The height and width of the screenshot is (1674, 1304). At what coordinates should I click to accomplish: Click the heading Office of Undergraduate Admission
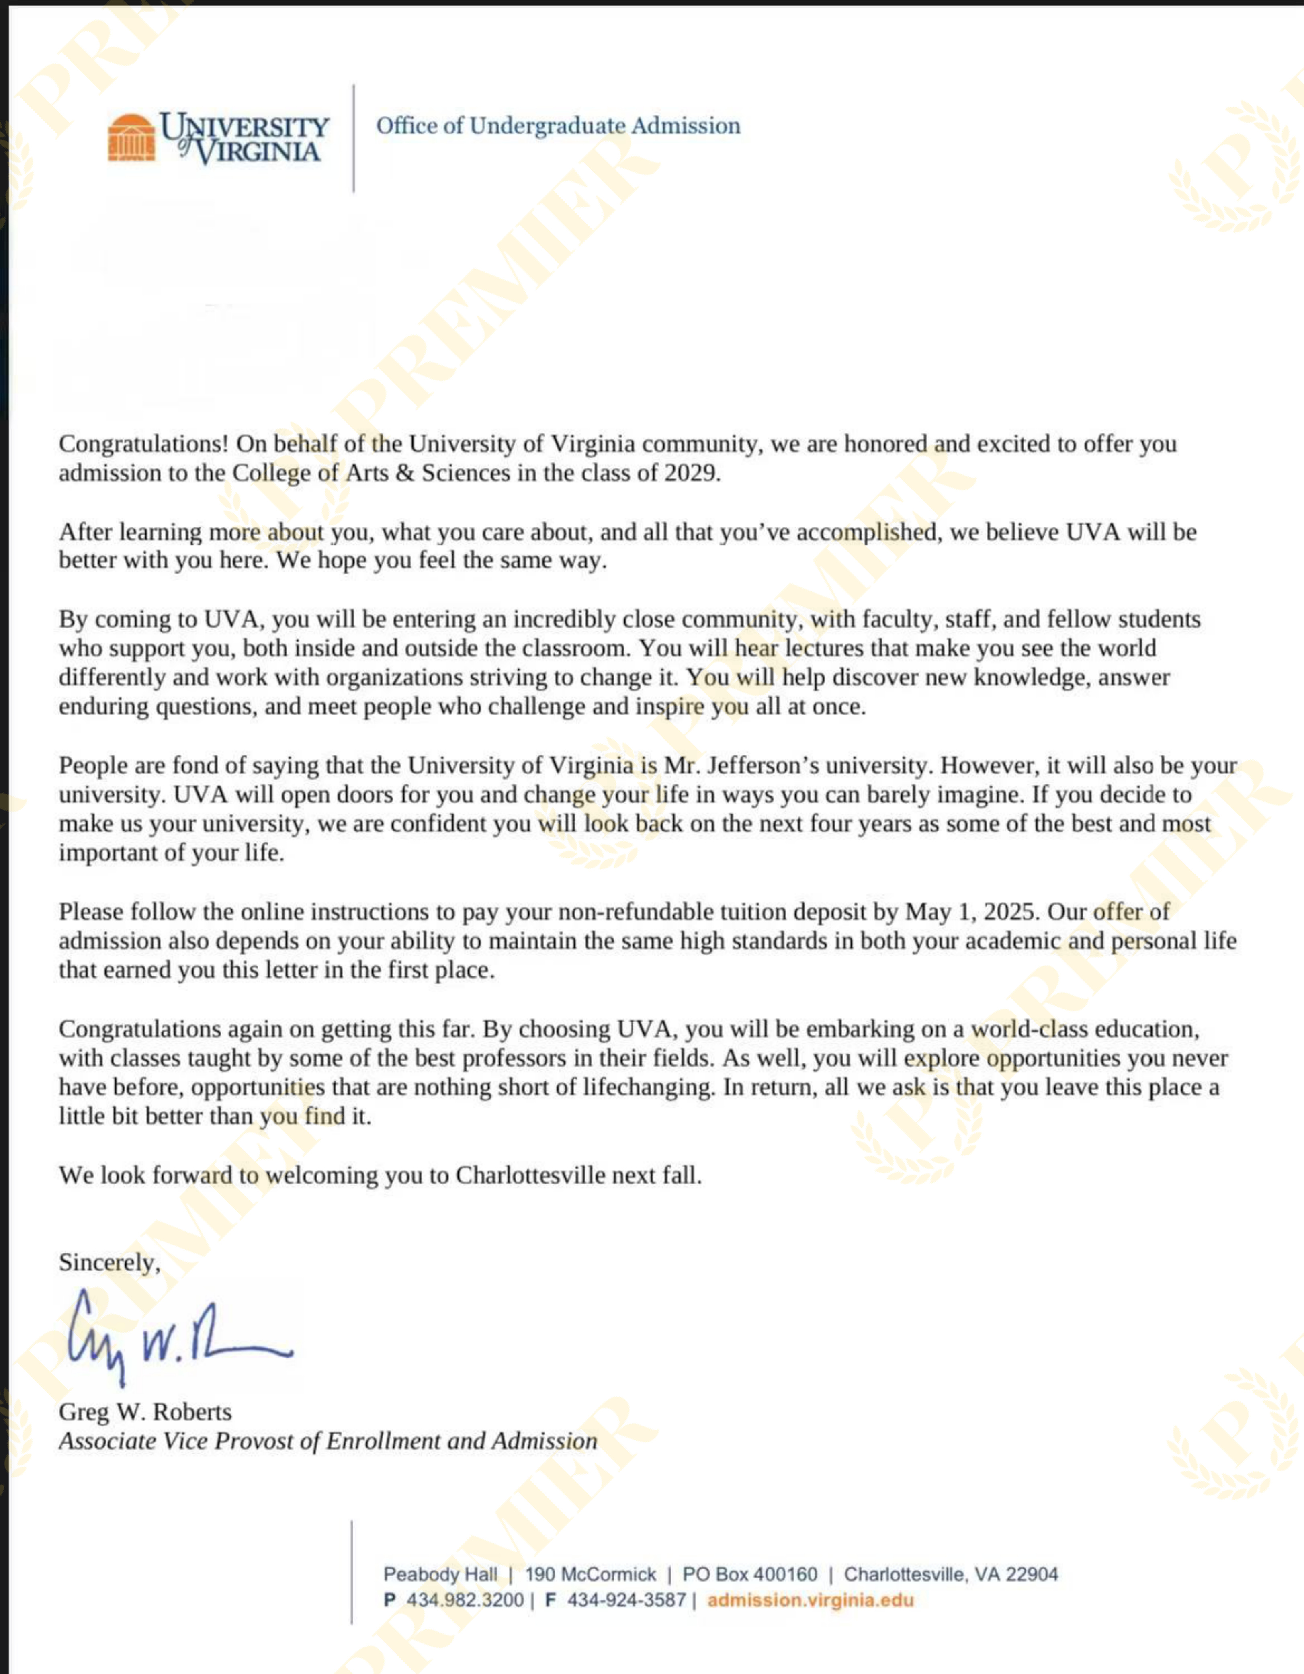coord(558,126)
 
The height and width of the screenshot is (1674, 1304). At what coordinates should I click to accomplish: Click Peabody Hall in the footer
coord(440,1574)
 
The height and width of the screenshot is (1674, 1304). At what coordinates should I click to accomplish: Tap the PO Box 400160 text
coord(749,1574)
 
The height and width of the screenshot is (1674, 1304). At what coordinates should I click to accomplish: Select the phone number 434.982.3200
coord(465,1600)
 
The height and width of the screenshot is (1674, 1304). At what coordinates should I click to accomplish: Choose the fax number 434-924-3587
coord(626,1600)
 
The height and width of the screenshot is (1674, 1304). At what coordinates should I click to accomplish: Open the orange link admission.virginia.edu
coord(811,1600)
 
